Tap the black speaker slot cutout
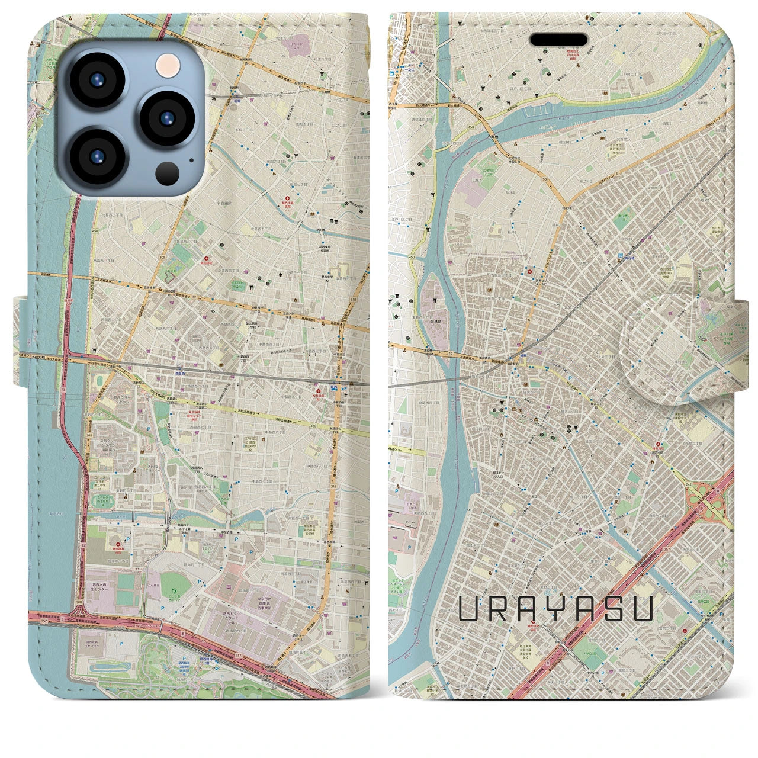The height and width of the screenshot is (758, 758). coord(558,40)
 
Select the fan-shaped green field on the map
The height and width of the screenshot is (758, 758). coord(176,583)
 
